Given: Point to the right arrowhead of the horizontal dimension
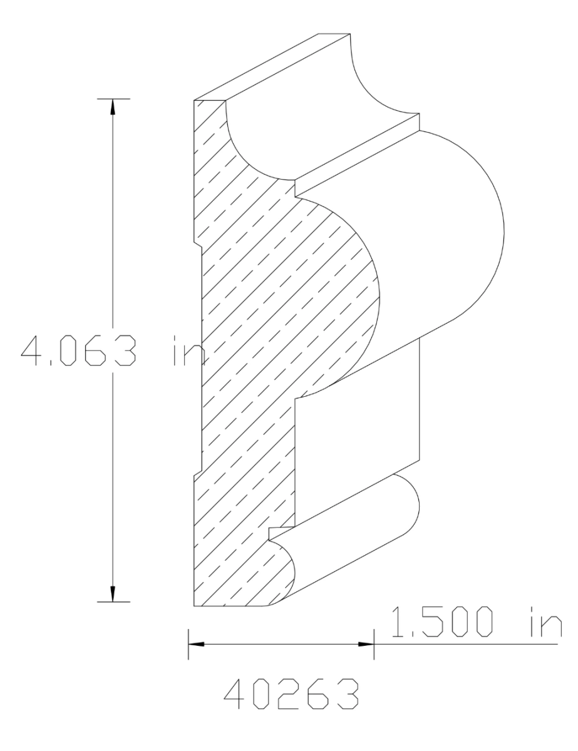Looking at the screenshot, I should click(366, 643).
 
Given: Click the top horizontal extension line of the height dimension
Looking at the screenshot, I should click(113, 99).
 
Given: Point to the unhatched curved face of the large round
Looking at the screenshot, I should click(451, 238).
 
